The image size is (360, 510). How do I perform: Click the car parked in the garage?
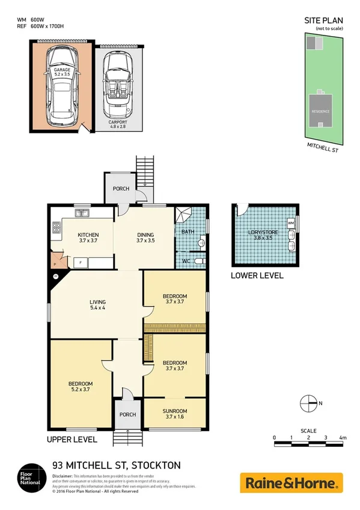pyautogui.click(x=62, y=84)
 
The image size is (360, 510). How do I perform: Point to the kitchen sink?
pyautogui.click(x=81, y=212)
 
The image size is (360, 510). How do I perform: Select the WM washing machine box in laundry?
pyautogui.click(x=290, y=224)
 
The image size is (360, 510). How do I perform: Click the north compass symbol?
pyautogui.click(x=308, y=403)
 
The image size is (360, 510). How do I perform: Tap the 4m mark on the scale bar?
pyautogui.click(x=343, y=438)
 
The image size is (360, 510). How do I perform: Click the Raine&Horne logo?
pyautogui.click(x=291, y=482)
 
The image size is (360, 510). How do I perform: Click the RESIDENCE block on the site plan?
pyautogui.click(x=319, y=111)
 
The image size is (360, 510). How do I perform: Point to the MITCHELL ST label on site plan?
pyautogui.click(x=322, y=148)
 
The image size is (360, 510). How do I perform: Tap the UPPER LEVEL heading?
pyautogui.click(x=72, y=440)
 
